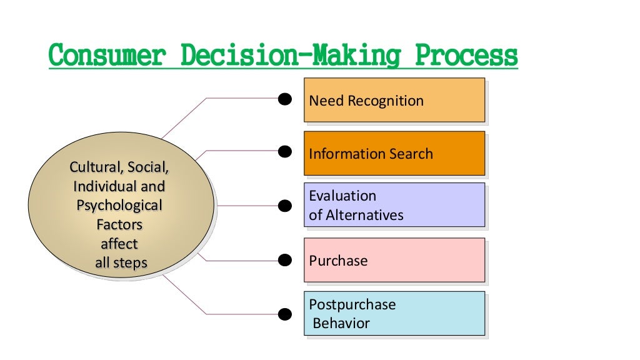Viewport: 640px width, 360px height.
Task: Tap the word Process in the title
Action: (x=467, y=56)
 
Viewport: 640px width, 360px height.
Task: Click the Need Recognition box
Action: (x=394, y=100)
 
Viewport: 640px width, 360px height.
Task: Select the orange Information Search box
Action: (x=394, y=153)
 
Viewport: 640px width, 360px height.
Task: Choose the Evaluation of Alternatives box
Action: (x=394, y=205)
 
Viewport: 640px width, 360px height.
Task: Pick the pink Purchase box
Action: (x=394, y=260)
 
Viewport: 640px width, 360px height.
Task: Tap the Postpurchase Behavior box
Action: (x=394, y=313)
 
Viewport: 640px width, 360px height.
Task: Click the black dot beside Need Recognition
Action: (x=285, y=98)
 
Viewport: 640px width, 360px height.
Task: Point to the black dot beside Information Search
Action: (x=285, y=151)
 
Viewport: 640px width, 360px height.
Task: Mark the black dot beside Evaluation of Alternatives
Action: (x=285, y=205)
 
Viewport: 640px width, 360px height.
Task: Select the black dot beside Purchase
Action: (x=285, y=259)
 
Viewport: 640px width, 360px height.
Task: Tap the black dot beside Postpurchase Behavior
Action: (x=285, y=313)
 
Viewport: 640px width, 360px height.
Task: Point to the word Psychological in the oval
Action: (x=119, y=206)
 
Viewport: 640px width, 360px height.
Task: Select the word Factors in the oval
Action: (x=119, y=224)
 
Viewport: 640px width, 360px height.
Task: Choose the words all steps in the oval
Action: (x=121, y=262)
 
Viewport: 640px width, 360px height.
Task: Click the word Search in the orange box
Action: (x=410, y=154)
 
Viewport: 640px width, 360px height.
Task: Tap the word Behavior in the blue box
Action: (x=341, y=323)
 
